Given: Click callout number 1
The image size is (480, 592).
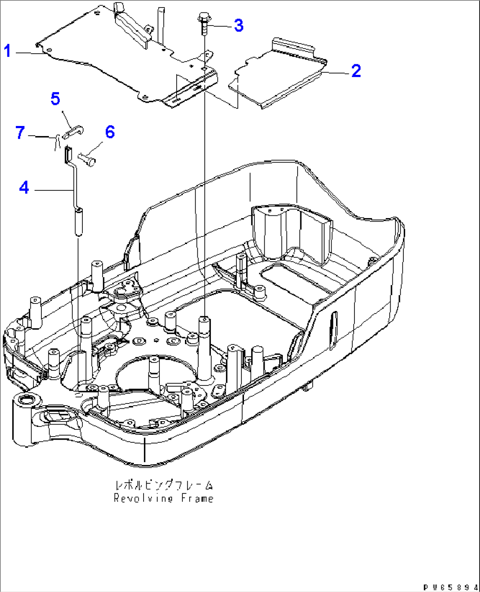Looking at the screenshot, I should click(7, 51).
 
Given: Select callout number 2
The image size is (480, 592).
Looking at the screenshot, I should click(356, 70).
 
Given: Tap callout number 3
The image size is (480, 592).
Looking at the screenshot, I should click(238, 25).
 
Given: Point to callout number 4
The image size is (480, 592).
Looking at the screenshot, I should click(24, 188).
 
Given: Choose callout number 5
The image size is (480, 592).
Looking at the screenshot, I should click(55, 99).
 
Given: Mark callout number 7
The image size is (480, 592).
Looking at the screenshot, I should click(20, 133).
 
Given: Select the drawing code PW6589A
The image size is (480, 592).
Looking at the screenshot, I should click(449, 587).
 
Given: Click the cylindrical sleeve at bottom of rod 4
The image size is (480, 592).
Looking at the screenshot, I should click(78, 222).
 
